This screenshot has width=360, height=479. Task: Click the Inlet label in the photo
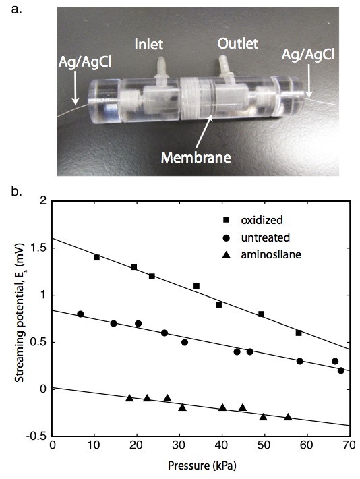[149, 44]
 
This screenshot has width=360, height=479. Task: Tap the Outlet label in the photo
[238, 44]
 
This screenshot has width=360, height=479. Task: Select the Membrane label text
[196, 158]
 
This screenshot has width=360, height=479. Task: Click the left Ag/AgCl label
[85, 62]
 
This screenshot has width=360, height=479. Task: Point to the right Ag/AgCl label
[308, 55]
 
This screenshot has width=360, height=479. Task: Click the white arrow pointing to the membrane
[203, 131]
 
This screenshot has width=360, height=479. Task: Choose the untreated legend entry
[256, 237]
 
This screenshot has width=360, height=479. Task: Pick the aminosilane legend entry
[262, 254]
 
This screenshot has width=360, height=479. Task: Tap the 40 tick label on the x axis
[222, 446]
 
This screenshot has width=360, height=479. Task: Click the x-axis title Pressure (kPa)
[202, 466]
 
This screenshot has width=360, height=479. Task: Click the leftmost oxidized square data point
[97, 258]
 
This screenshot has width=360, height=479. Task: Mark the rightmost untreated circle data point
[341, 370]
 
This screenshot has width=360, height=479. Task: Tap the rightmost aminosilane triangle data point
[288, 417]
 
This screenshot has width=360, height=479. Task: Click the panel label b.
[16, 192]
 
